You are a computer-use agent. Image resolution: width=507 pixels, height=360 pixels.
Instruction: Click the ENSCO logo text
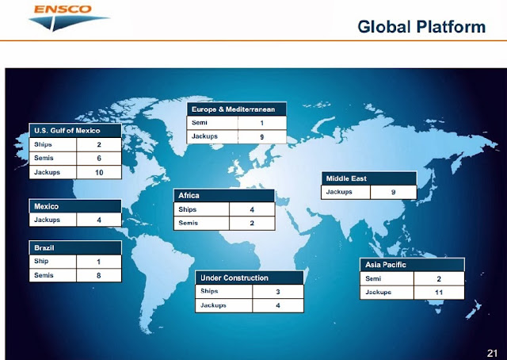coord(63,9)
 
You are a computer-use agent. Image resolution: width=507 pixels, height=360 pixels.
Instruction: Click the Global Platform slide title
coord(421,26)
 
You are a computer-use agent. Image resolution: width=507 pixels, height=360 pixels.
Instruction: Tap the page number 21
coord(492,353)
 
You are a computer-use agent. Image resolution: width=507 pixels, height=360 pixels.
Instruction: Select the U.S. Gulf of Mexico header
coord(67,131)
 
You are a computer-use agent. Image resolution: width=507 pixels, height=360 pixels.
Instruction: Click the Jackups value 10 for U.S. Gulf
coord(99,173)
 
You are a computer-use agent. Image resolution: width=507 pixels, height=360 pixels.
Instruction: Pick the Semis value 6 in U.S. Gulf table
coord(99,159)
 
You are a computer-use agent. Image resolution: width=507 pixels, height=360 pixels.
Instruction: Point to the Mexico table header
coord(46,206)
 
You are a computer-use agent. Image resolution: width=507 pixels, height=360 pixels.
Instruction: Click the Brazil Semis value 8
coord(98,275)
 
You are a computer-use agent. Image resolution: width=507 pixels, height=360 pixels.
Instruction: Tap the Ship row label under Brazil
coord(41,261)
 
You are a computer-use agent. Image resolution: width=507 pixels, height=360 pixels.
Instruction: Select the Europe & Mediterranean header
coord(233,109)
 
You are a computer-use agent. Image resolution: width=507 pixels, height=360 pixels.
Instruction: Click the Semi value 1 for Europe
coord(261,123)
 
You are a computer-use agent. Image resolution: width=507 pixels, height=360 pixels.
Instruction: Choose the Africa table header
coord(189,196)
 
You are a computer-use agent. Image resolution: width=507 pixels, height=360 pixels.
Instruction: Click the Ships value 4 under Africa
coord(252,210)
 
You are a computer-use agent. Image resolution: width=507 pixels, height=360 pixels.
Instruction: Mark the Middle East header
coord(346,178)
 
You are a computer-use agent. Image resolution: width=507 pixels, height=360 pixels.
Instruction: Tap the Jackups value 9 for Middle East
coord(393,192)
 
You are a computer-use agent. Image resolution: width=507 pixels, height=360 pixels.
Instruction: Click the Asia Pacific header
coord(386,265)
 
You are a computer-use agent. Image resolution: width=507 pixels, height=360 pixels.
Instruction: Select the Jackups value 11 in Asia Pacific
coord(439,293)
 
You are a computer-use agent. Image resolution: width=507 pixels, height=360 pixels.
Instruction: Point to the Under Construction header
coord(234,278)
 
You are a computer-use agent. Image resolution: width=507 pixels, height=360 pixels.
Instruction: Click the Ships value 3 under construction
coord(278,292)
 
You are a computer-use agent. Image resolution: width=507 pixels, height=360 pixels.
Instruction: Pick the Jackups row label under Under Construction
coord(213,305)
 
